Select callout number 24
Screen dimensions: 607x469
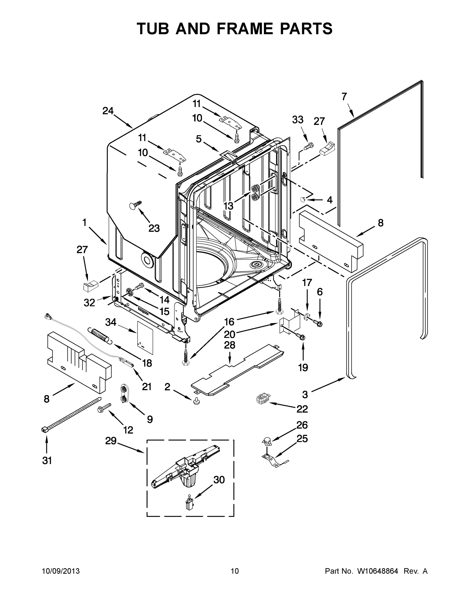[x=108, y=111]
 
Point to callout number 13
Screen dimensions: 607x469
[x=228, y=206]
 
